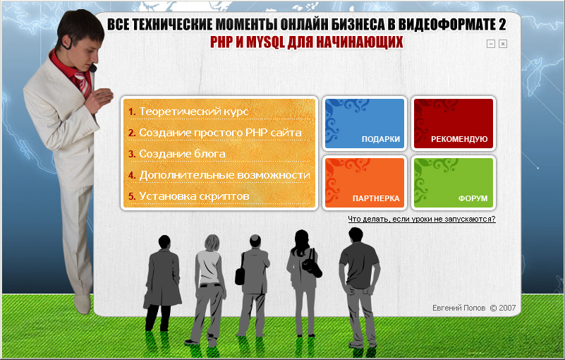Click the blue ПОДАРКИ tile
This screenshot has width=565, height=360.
coord(364,124)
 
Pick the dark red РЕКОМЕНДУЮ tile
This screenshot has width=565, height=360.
coord(454,124)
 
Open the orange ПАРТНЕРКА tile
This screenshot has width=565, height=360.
coord(364,183)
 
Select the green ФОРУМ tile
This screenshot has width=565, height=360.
coord(454,183)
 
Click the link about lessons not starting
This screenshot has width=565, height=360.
coord(422,219)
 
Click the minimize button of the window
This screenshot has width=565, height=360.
coord(491,44)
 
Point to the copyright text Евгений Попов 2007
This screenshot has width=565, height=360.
coord(474,308)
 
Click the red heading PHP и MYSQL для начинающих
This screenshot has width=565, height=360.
coord(307,42)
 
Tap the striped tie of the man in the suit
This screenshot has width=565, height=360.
coord(83,83)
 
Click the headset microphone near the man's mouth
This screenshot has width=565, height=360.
coord(93,68)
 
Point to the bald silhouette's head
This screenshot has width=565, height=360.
coord(255,241)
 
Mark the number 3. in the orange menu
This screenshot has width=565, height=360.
coord(132,154)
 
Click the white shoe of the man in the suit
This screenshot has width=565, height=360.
coord(83,304)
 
